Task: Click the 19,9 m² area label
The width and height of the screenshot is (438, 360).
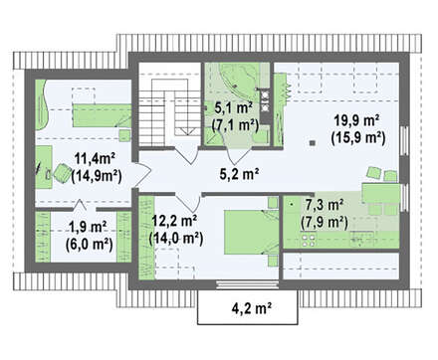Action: click(x=356, y=120)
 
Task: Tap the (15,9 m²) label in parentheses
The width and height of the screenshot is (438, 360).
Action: click(x=358, y=137)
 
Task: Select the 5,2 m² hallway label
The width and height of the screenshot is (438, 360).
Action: click(x=239, y=173)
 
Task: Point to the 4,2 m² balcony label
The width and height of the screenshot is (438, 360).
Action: click(x=252, y=308)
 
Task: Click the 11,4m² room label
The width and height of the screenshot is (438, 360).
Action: click(x=95, y=159)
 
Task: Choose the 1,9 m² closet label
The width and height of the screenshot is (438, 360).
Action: click(x=88, y=227)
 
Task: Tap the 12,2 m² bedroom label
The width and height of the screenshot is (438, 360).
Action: click(x=174, y=221)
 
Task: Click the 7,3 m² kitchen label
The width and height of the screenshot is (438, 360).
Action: click(x=325, y=205)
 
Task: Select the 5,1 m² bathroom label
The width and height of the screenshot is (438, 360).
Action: click(x=234, y=107)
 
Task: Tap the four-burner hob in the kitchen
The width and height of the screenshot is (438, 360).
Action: click(x=309, y=241)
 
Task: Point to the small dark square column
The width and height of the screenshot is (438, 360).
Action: click(x=312, y=143)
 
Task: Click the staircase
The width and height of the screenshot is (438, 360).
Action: click(x=170, y=112)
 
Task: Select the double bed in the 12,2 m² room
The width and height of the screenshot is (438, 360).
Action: click(x=252, y=232)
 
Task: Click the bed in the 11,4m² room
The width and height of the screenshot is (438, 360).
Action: click(x=103, y=115)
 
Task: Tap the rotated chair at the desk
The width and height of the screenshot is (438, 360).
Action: click(x=62, y=173)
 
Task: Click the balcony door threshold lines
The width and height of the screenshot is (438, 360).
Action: click(x=247, y=284)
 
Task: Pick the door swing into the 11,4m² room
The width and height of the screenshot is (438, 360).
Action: click(x=142, y=174)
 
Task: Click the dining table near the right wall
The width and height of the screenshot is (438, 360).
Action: click(x=381, y=193)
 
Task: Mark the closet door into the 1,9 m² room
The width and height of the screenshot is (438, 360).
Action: click(x=79, y=205)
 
